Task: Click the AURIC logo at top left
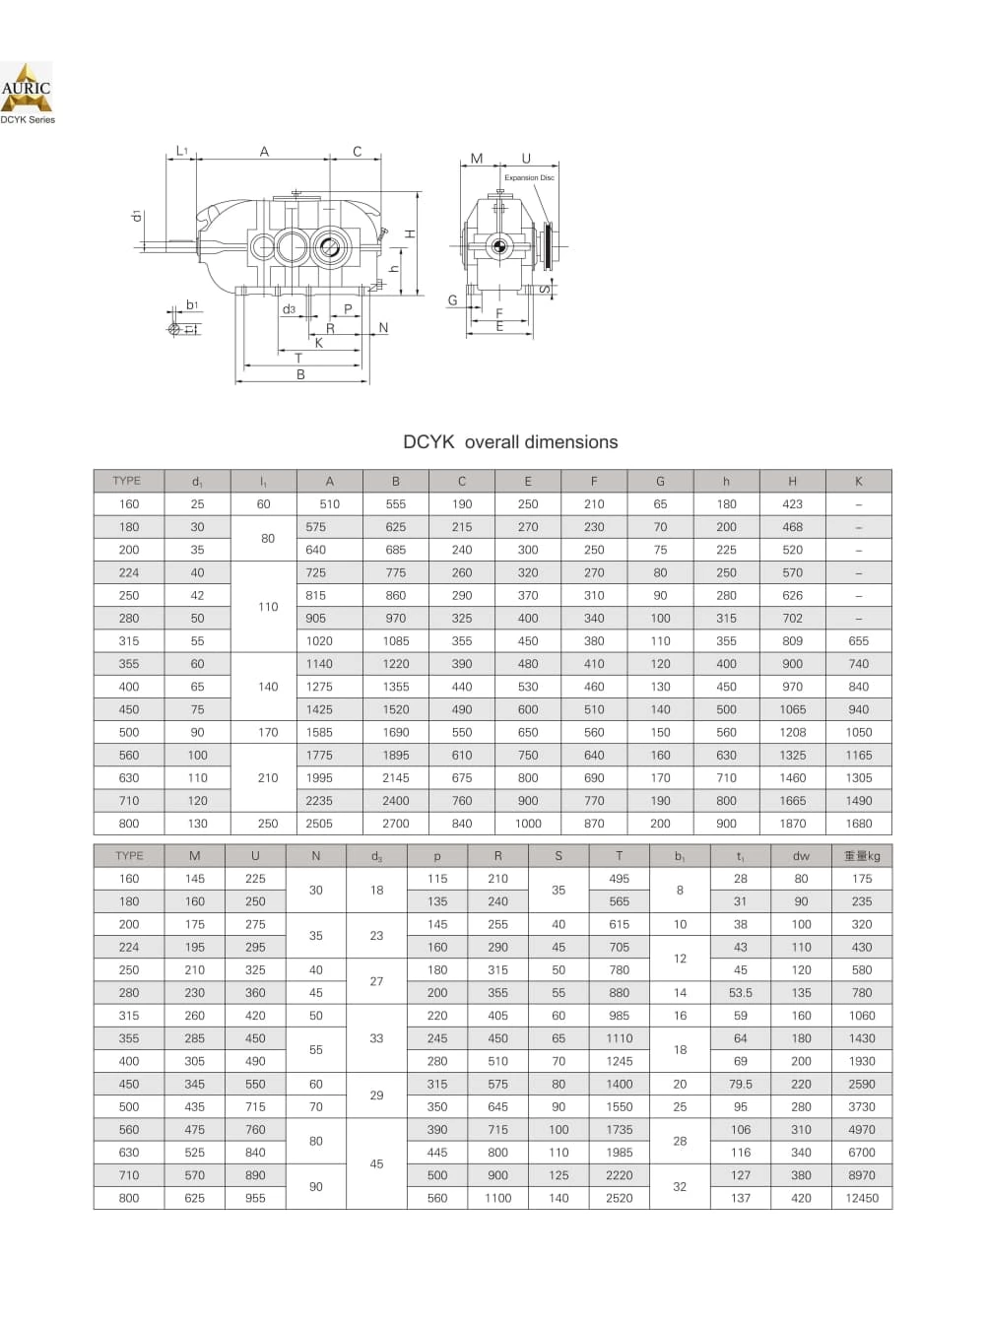27,88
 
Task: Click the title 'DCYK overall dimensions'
510,442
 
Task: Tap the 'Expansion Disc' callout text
529,177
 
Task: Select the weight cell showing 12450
861,1198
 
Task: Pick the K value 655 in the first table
858,640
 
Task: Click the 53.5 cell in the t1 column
741,993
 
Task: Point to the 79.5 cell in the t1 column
741,1084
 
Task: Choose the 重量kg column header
862,855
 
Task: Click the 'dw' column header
801,856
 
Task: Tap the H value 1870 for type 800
792,824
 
